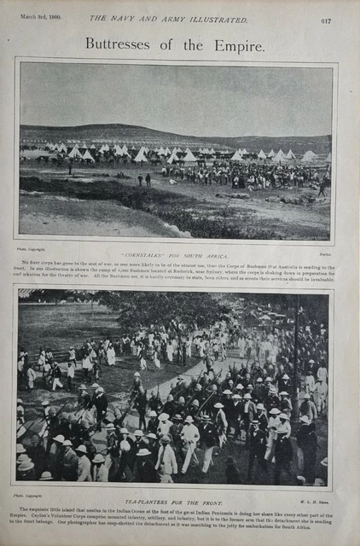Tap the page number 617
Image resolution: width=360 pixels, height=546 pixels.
pyautogui.click(x=327, y=20)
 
